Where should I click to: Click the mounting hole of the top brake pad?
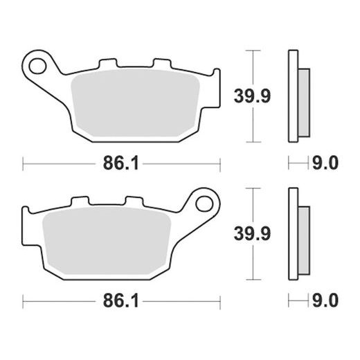37,66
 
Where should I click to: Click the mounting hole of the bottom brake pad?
204,204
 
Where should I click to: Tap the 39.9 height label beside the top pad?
252,96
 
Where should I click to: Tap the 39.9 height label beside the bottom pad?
252,234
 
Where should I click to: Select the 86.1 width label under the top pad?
120,163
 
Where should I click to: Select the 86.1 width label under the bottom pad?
120,300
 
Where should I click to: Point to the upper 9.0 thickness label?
325,163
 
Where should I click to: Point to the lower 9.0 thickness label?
325,300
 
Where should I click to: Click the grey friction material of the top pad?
135,102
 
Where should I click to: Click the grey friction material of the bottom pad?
107,240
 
